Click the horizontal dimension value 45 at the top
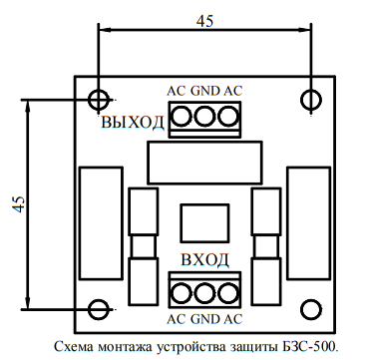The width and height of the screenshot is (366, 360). [205, 21]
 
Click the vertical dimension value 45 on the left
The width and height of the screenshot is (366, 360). [19, 204]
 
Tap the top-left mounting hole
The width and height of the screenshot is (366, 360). [99, 100]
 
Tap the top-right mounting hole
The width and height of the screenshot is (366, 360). [311, 100]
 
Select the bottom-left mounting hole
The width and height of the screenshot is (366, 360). [99, 309]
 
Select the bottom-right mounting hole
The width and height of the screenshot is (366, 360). [311, 309]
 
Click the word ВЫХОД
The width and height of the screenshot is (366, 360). [133, 123]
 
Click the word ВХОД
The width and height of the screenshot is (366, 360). [205, 259]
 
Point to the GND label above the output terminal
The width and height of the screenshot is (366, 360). [205, 91]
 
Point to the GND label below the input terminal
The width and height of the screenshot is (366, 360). [205, 319]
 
